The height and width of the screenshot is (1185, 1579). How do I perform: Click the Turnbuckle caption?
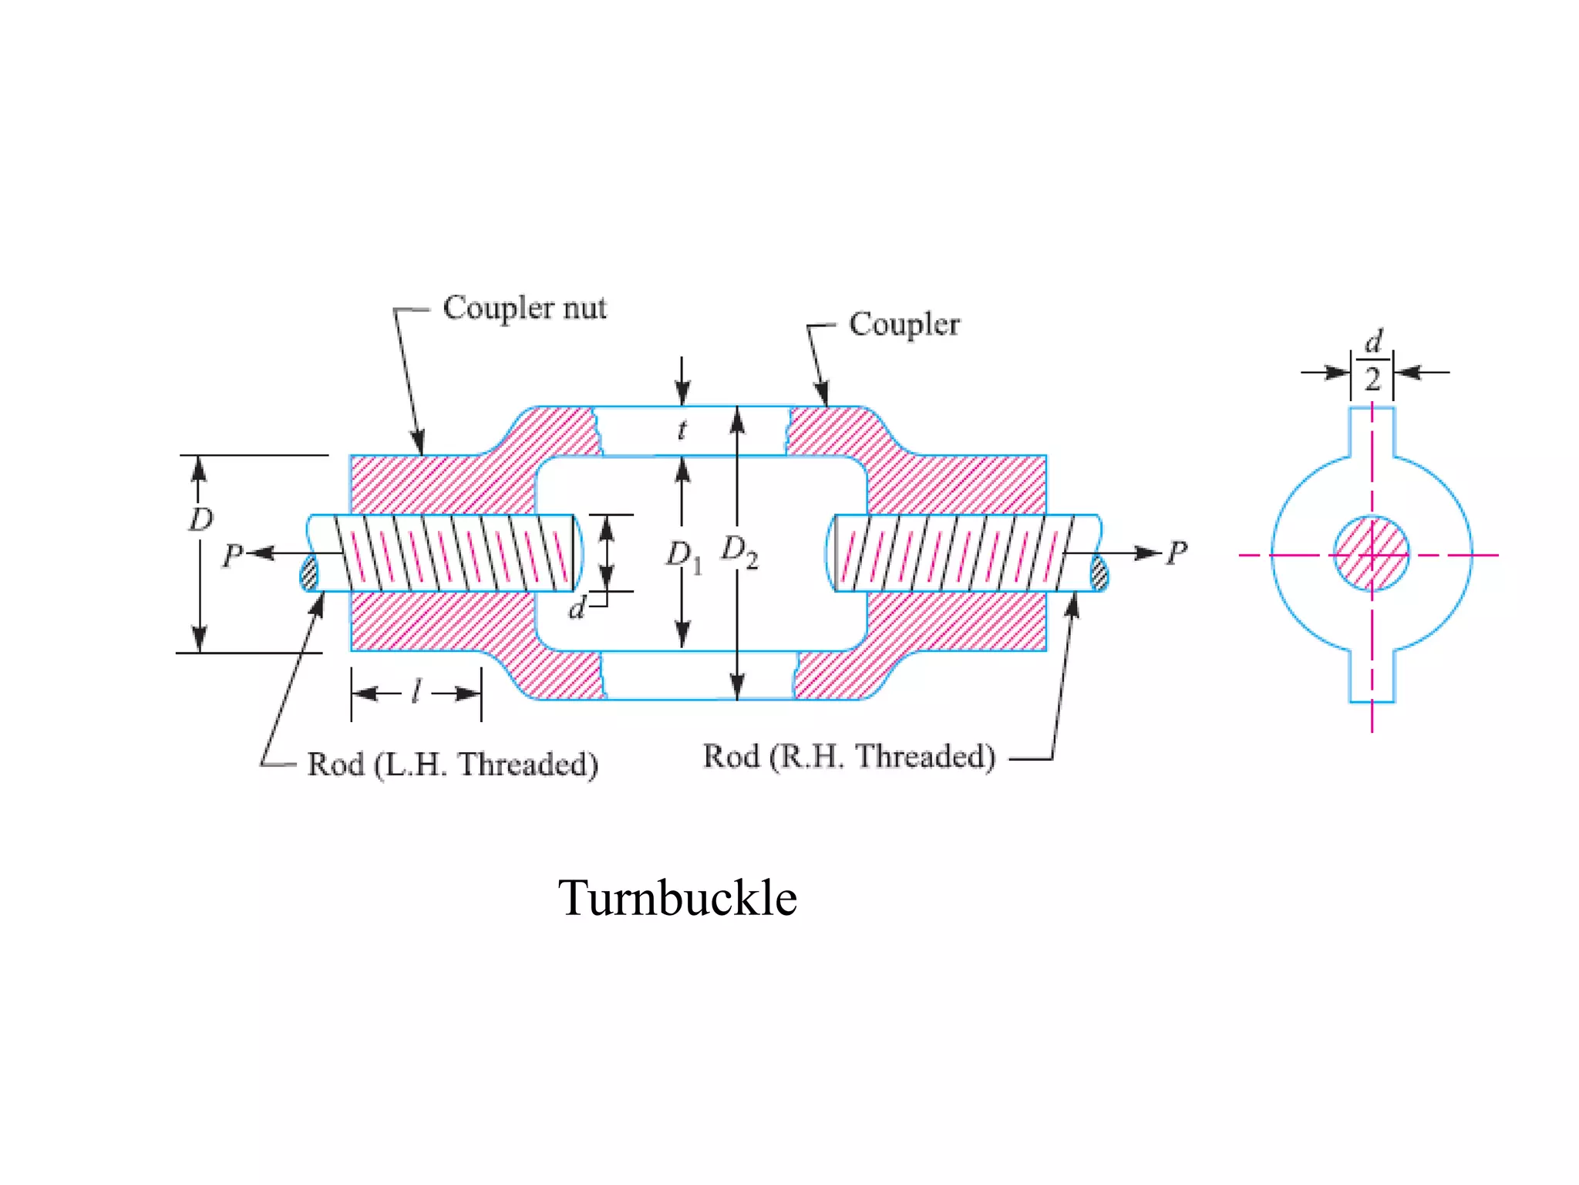click(x=677, y=898)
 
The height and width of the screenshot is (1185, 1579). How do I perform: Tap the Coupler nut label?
click(x=524, y=308)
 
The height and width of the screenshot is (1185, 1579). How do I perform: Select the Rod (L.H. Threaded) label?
click(x=453, y=765)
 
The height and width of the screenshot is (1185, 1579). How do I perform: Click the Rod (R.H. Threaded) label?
click(x=849, y=757)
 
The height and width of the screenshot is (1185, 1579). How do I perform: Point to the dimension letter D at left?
click(x=200, y=519)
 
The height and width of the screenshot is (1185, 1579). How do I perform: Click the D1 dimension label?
click(x=684, y=555)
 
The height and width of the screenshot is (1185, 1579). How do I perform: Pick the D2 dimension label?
click(x=739, y=552)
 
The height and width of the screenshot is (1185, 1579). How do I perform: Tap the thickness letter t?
click(x=682, y=430)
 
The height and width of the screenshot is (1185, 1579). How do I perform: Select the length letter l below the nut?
click(x=416, y=691)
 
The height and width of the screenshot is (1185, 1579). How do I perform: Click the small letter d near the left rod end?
click(x=577, y=609)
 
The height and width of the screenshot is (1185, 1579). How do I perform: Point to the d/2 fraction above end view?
click(x=1372, y=361)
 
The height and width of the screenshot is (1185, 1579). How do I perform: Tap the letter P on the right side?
click(x=1177, y=552)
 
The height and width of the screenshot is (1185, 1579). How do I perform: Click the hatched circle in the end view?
click(x=1372, y=553)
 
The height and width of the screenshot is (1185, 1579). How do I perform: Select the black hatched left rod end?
click(x=309, y=572)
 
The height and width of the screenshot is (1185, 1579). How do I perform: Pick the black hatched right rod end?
click(x=1099, y=573)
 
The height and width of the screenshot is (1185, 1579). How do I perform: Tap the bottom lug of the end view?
click(x=1372, y=677)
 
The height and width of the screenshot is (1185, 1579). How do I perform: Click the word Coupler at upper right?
click(x=904, y=324)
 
